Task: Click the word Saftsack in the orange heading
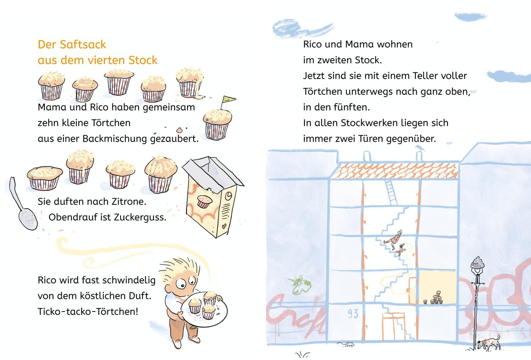[83, 45]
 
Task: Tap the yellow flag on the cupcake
[228, 99]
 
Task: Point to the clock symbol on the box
[228, 196]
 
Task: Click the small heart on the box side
[224, 226]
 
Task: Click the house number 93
[353, 314]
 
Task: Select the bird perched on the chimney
[419, 148]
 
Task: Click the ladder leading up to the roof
[391, 192]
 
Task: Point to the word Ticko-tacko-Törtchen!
[88, 312]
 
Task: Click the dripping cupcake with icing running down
[190, 83]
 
